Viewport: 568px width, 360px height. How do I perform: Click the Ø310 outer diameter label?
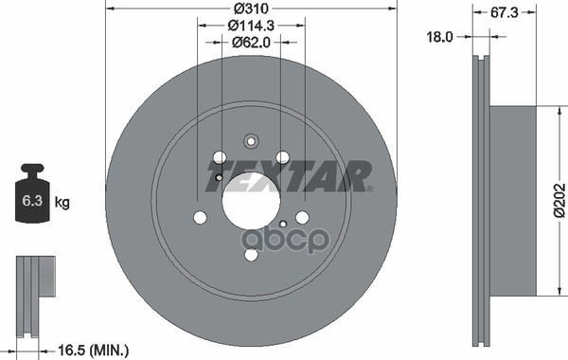click(x=251, y=9)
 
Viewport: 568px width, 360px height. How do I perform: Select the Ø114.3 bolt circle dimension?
click(x=251, y=26)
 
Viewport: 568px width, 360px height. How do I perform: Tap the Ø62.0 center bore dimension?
click(x=251, y=42)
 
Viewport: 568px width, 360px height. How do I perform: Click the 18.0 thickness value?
click(x=441, y=39)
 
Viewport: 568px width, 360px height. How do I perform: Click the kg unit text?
click(x=62, y=202)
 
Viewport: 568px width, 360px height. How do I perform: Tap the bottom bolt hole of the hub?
click(x=251, y=255)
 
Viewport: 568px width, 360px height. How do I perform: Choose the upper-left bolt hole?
click(x=220, y=158)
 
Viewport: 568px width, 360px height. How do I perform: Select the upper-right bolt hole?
click(x=282, y=158)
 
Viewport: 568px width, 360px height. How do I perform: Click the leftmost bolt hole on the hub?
click(x=200, y=218)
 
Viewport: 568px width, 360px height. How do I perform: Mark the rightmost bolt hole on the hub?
click(x=302, y=218)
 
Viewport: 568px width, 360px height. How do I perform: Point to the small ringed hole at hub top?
click(x=251, y=142)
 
